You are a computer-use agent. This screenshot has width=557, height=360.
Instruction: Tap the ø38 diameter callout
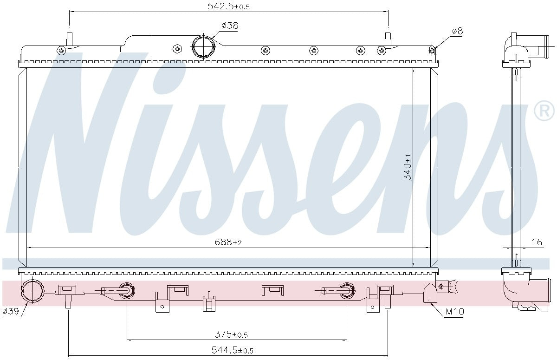click(x=230, y=26)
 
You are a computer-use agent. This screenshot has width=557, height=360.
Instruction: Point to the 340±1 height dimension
click(x=408, y=166)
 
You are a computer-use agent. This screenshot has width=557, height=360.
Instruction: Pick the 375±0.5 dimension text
click(x=231, y=334)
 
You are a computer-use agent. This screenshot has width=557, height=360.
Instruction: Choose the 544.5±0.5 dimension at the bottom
click(x=232, y=350)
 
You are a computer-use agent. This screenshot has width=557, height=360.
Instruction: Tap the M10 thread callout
click(x=454, y=312)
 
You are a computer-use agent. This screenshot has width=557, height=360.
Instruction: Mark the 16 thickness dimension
click(x=537, y=242)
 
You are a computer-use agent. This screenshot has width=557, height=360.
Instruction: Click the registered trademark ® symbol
click(x=544, y=111)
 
